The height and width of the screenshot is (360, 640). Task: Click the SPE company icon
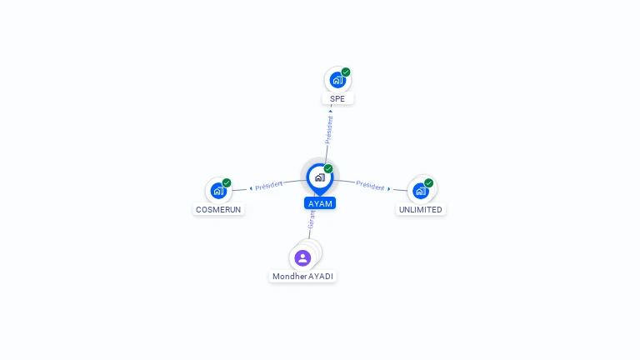point(337,80)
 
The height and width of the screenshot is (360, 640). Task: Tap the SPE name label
point(337,99)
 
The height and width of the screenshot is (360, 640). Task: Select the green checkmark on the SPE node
point(346,72)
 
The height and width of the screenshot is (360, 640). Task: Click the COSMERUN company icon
point(218,191)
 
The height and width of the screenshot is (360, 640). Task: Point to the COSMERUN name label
point(218,209)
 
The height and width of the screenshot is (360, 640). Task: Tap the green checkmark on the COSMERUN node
point(227,182)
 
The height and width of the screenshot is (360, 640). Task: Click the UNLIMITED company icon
point(420,191)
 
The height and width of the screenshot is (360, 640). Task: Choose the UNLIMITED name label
point(420,209)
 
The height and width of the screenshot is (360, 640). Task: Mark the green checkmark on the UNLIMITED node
point(428,182)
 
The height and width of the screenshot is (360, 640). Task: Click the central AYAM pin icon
point(320,178)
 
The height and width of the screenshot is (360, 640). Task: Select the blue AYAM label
point(320,203)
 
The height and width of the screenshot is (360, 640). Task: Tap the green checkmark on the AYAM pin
point(328,168)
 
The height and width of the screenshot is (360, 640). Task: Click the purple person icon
point(302,258)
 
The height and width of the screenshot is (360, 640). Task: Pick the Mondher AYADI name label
point(302,277)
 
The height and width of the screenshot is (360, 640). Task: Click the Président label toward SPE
point(329,130)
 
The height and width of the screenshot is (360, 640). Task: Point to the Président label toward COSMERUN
point(268,186)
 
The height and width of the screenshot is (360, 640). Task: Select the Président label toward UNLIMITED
point(370,185)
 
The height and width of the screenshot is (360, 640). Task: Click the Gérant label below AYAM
point(312,219)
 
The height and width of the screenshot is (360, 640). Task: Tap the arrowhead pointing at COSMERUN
point(251,188)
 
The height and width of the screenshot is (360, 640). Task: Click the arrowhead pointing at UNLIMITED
point(389,188)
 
